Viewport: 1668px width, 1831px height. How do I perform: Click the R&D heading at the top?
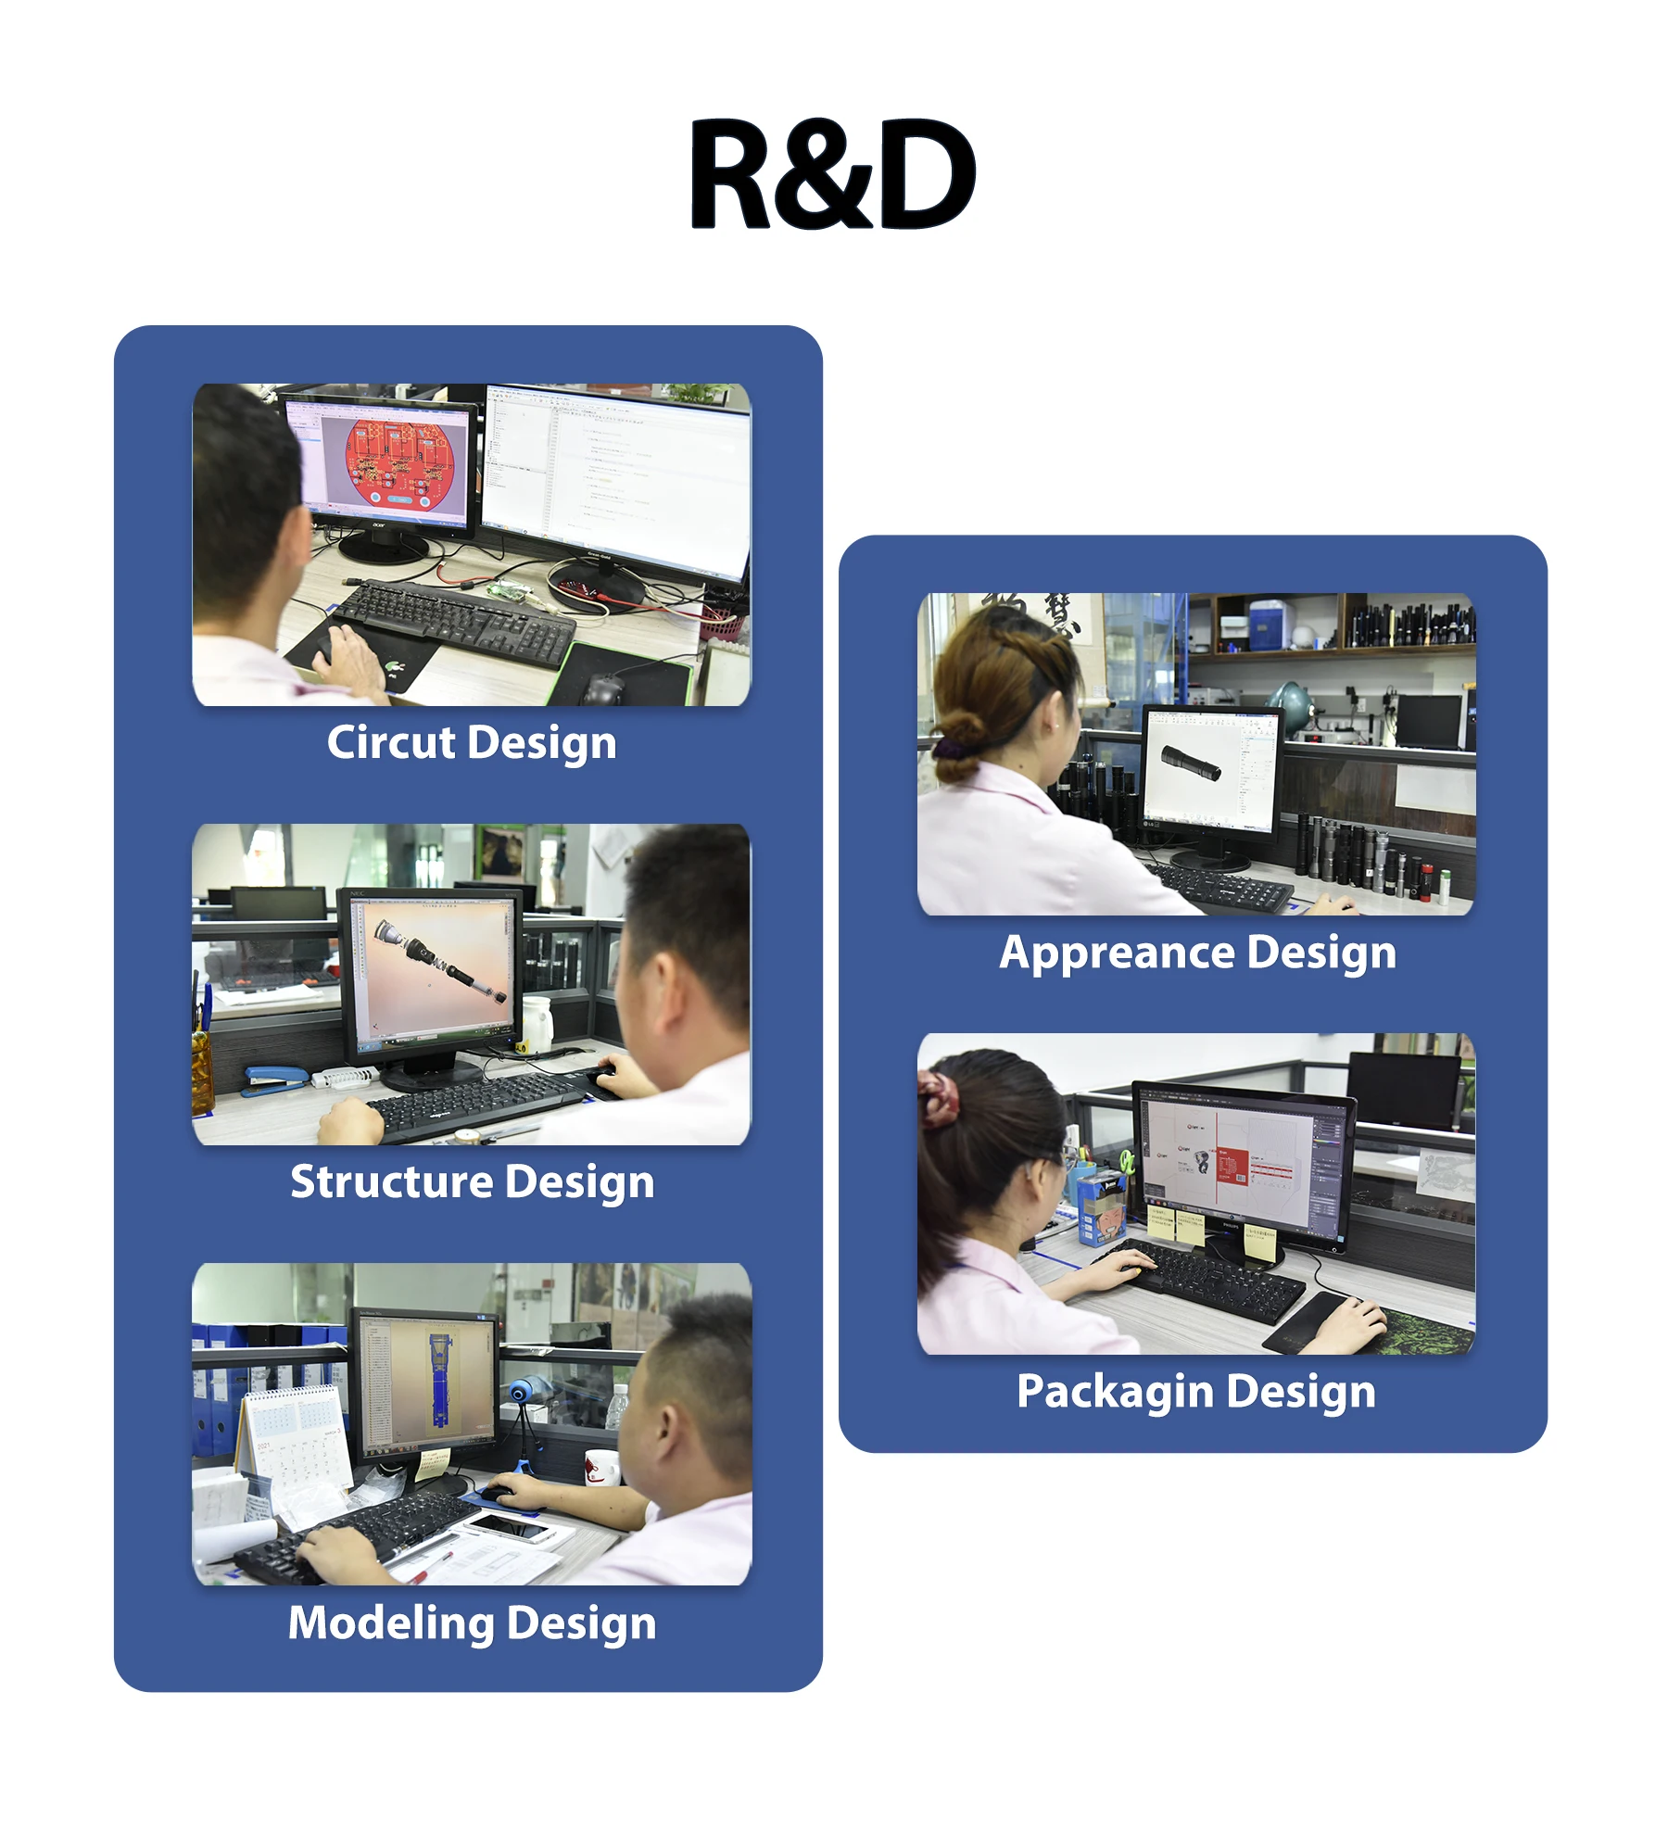832,174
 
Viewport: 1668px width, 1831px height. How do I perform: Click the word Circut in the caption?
391,743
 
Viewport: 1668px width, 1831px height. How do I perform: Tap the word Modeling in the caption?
390,1623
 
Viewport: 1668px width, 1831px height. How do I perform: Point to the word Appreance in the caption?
1117,953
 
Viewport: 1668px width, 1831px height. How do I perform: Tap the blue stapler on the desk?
276,1079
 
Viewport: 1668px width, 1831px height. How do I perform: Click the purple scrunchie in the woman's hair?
949,747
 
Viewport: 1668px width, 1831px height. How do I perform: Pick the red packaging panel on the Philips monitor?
1232,1166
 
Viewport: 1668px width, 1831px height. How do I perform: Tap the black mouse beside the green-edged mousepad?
604,688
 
